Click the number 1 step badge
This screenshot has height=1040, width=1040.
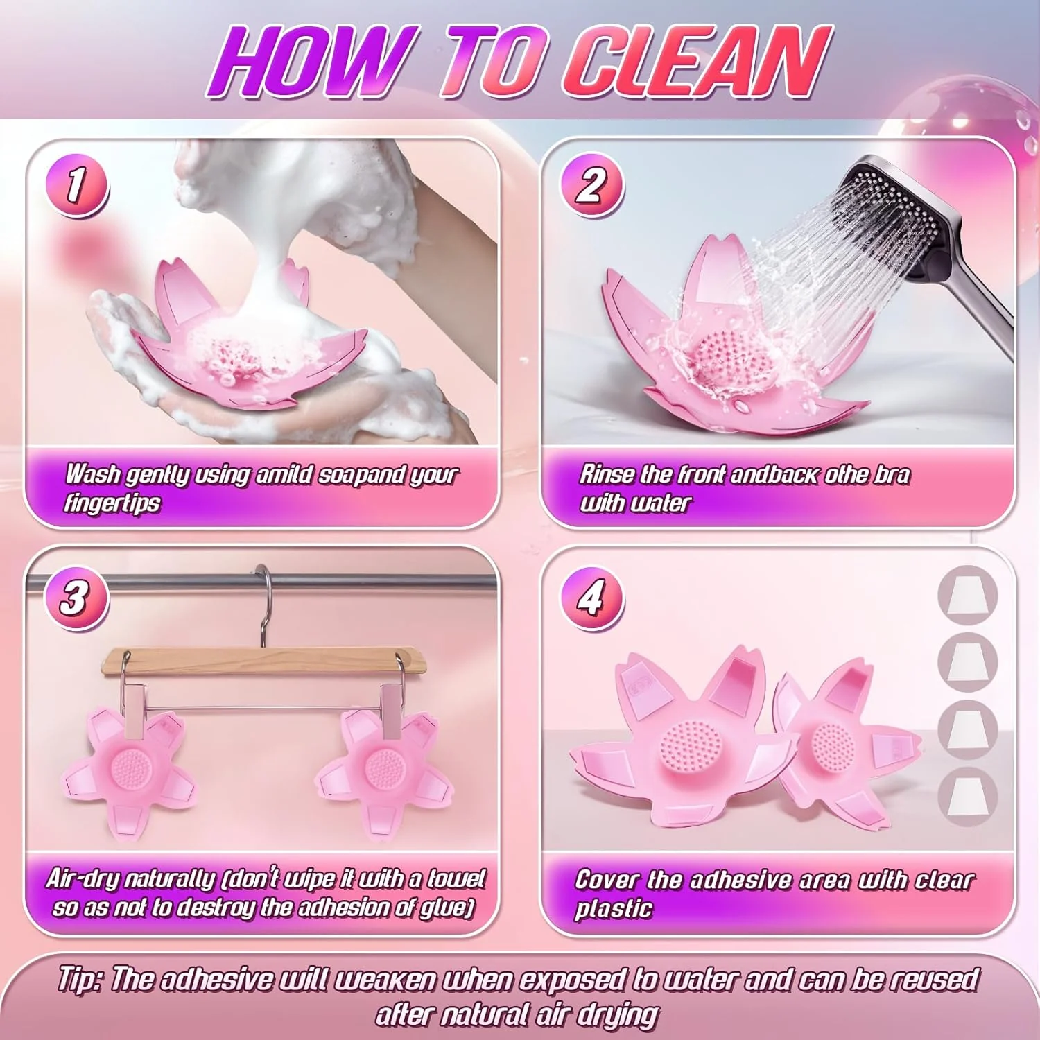point(77,186)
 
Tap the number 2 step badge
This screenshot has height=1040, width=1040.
point(591,186)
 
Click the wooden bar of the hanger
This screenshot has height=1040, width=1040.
point(264,660)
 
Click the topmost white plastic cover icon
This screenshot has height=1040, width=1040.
point(968,593)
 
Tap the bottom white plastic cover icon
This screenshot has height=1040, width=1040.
point(968,796)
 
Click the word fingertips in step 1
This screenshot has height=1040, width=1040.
point(112,503)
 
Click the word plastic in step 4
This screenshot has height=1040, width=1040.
point(614,909)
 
